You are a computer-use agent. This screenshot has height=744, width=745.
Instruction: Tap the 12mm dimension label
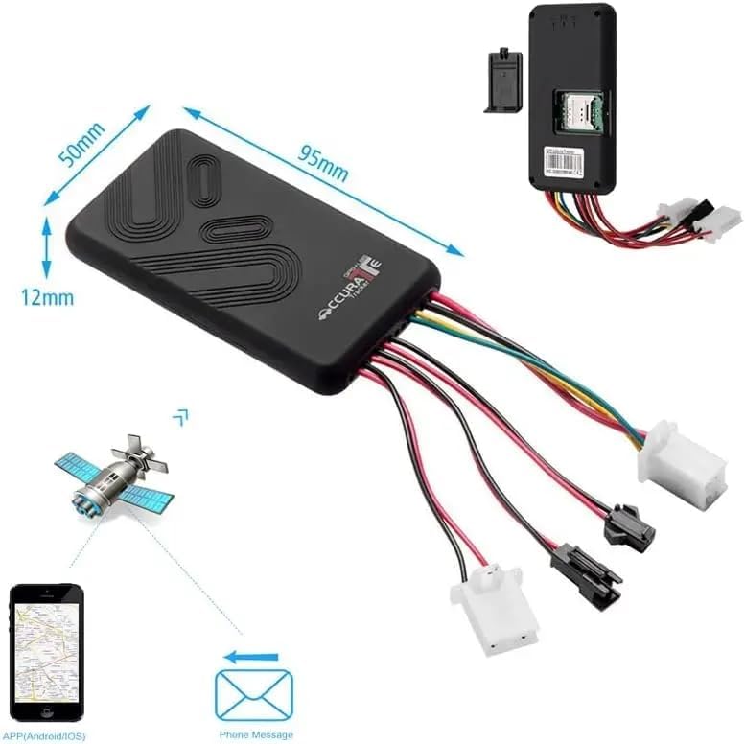(x=45, y=297)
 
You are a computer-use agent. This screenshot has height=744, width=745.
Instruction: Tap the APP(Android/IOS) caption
(x=46, y=735)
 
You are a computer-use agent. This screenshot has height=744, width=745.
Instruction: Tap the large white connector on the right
(x=682, y=465)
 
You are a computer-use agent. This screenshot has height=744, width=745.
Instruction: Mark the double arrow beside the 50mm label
(x=96, y=153)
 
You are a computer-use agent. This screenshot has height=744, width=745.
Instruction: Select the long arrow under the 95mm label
(x=322, y=182)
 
